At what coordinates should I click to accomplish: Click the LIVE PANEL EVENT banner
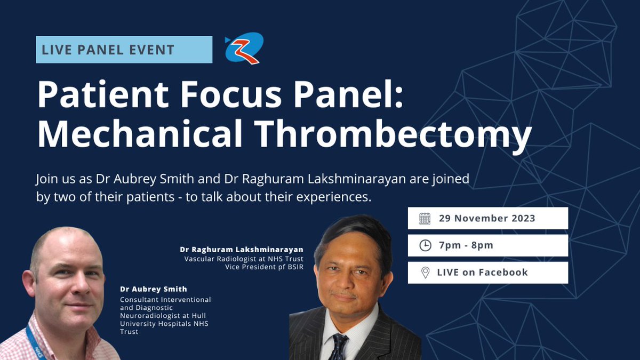(x=124, y=50)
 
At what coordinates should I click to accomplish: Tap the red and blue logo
(x=244, y=48)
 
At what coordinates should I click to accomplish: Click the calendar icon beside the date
(x=425, y=218)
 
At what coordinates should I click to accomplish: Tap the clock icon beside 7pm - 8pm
(x=425, y=245)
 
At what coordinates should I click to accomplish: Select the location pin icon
(x=425, y=273)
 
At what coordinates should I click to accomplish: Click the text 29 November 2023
(x=486, y=218)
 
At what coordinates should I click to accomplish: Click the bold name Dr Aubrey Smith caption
(x=154, y=289)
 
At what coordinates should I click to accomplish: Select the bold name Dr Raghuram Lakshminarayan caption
(x=242, y=249)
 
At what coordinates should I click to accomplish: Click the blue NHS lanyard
(x=38, y=341)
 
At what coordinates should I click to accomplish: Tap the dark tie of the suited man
(x=338, y=345)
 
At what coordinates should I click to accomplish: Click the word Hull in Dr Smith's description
(x=199, y=316)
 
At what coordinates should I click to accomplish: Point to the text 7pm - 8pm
(x=466, y=245)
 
